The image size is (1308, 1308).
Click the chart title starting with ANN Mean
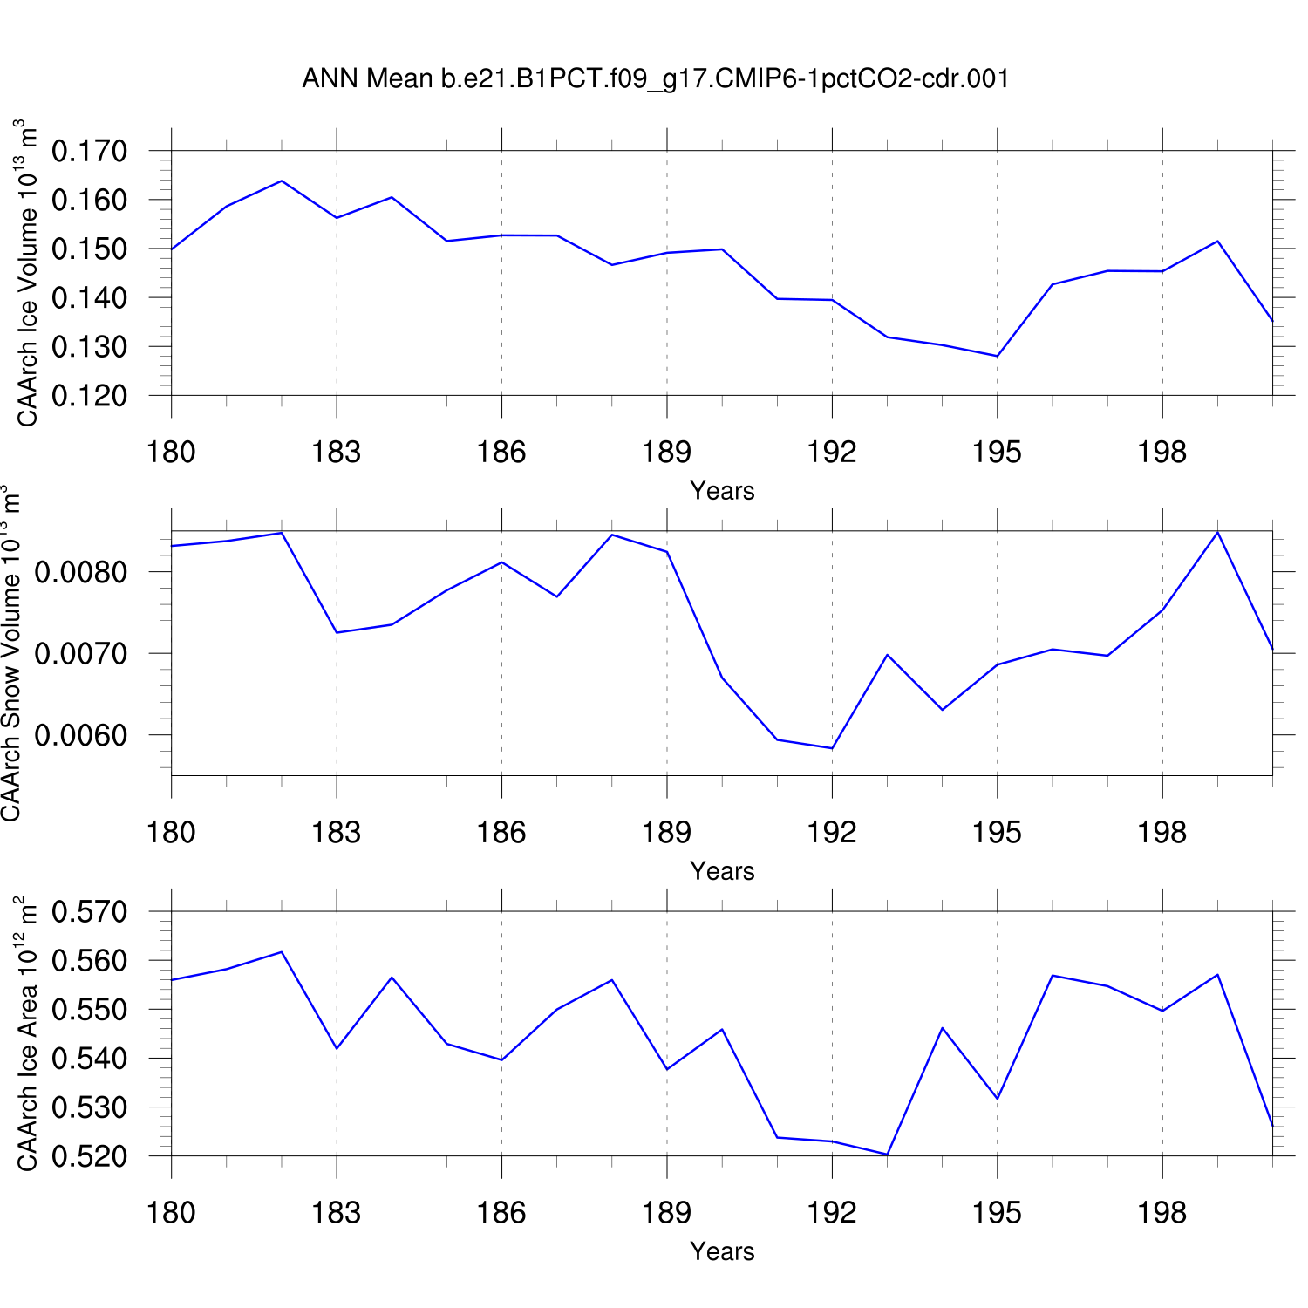click(656, 78)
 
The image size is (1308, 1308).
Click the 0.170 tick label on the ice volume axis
click(89, 151)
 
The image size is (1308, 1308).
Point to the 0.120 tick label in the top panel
click(89, 396)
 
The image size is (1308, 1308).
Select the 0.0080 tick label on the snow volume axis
click(80, 572)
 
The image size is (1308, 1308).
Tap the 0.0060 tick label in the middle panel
click(80, 735)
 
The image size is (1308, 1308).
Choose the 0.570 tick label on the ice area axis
click(89, 912)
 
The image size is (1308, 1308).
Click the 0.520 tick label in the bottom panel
click(89, 1156)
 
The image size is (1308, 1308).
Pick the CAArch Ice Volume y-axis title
click(27, 273)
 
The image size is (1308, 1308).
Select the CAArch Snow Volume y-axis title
click(11, 654)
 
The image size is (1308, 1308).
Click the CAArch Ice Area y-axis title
click(27, 1033)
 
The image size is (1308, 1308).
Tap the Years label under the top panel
click(722, 491)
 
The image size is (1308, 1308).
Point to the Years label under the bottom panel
click(722, 1251)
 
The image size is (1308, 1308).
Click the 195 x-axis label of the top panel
click(997, 452)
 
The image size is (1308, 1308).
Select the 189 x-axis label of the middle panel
click(666, 832)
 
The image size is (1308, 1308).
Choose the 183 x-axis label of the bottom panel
click(337, 1212)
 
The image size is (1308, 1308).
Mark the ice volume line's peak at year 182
click(282, 181)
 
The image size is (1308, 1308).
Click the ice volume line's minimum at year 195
click(997, 356)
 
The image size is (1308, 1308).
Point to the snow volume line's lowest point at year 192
click(832, 748)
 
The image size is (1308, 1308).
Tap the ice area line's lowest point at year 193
click(887, 1155)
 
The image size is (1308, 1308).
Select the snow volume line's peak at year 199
click(1217, 532)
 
